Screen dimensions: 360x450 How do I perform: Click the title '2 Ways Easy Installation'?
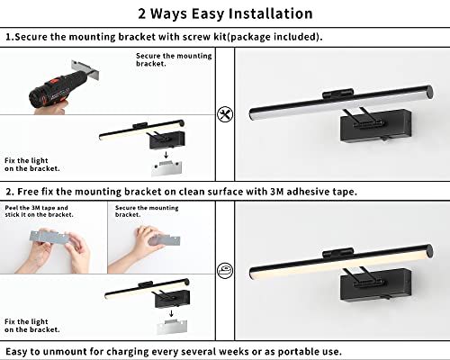(x=225, y=13)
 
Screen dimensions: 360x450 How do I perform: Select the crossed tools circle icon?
(x=224, y=115)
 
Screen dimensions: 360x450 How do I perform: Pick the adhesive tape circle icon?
(x=224, y=268)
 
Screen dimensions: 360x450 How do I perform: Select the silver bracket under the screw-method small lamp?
(x=166, y=174)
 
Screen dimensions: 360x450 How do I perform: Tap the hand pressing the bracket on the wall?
(x=144, y=236)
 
